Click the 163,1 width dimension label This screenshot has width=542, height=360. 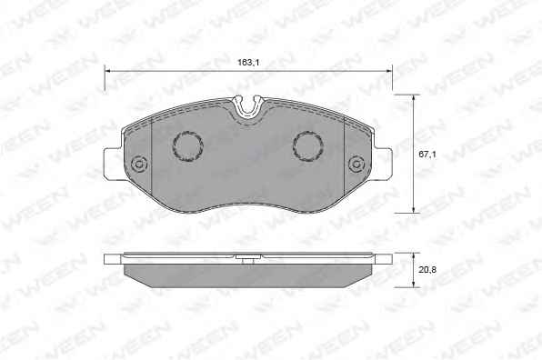(x=248, y=63)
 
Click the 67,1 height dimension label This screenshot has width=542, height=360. (x=427, y=155)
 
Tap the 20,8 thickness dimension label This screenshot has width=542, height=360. (x=427, y=270)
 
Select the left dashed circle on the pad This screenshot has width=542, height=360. (x=187, y=145)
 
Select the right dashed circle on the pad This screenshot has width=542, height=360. (x=308, y=145)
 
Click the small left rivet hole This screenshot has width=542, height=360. (x=139, y=164)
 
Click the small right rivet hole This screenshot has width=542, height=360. (x=356, y=164)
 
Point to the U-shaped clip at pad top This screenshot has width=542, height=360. (x=248, y=107)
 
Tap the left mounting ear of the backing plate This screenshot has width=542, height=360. (x=113, y=164)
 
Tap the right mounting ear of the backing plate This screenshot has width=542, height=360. (x=383, y=164)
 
